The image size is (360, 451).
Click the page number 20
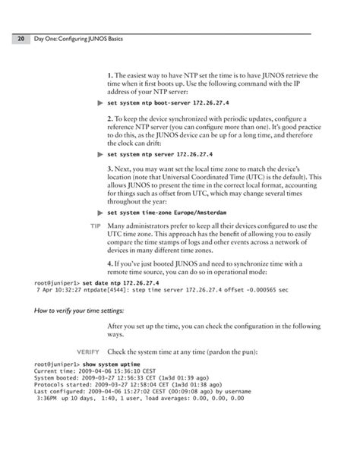(x=14, y=38)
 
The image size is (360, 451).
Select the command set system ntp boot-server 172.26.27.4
(x=168, y=102)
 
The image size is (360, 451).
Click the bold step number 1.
(x=111, y=75)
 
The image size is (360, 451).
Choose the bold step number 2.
(x=111, y=119)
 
